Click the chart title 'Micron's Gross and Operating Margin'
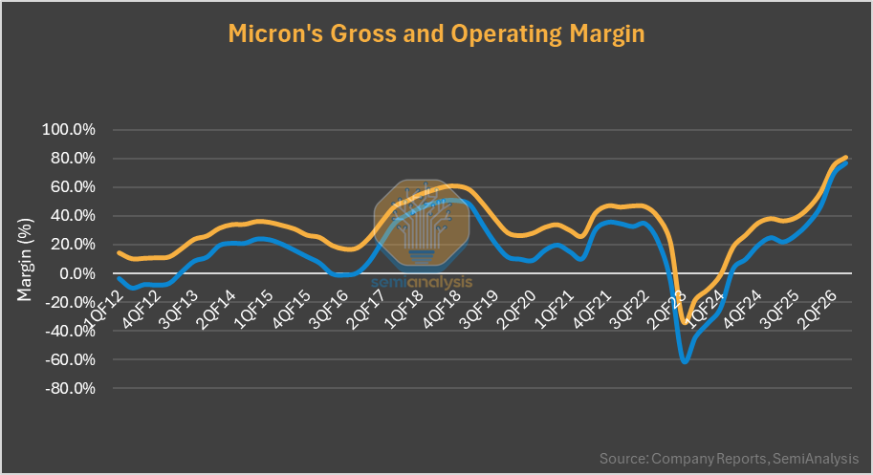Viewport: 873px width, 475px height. pyautogui.click(x=436, y=33)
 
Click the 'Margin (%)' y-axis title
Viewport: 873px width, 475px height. pyautogui.click(x=25, y=259)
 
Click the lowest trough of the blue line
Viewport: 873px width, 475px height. pyautogui.click(x=685, y=361)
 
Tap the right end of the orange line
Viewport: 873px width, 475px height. pyautogui.click(x=847, y=158)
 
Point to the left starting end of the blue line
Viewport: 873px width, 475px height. pyautogui.click(x=118, y=278)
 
